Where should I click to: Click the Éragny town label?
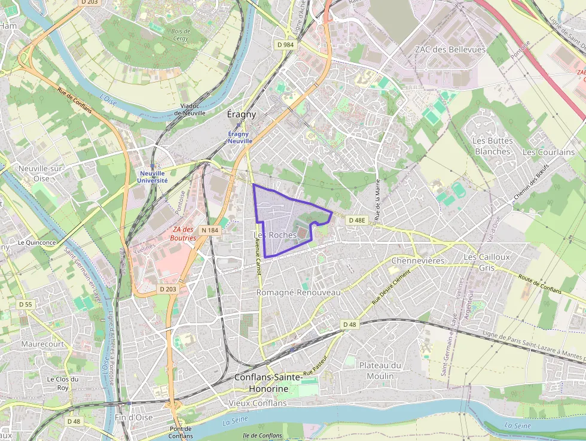tap(242, 114)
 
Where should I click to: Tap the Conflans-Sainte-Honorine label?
tap(261, 383)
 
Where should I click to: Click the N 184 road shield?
tap(210, 230)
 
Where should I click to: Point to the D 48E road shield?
tap(356, 220)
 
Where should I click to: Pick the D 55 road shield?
tap(25, 305)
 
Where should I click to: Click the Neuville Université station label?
tap(153, 177)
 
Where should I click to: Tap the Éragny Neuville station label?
tap(240, 138)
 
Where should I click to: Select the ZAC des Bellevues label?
tap(450, 50)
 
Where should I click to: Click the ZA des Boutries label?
tap(184, 233)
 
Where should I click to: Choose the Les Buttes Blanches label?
tap(493, 146)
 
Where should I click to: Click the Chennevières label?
tap(418, 261)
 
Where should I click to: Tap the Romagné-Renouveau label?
tap(298, 293)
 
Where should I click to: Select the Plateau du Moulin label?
tap(380, 370)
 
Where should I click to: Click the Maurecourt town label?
tap(42, 344)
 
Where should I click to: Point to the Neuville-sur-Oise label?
tap(41, 174)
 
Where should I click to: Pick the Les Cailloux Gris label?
tap(487, 262)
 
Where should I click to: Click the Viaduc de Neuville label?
tap(190, 109)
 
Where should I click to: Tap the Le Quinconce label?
tap(36, 242)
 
